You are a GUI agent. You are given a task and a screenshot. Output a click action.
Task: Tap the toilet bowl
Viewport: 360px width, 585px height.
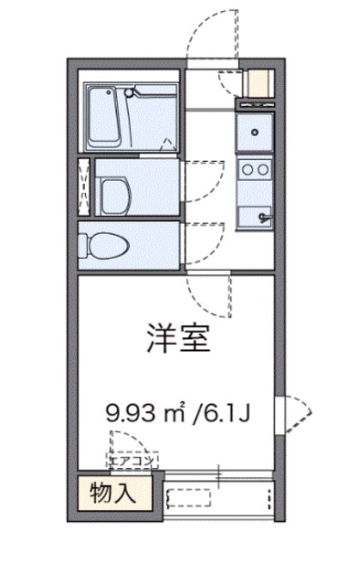(x=102, y=244)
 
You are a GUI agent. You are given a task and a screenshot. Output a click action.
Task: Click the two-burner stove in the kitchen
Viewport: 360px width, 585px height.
(x=254, y=169)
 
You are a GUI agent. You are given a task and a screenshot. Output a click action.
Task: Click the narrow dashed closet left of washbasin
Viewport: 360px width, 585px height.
(x=85, y=187)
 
